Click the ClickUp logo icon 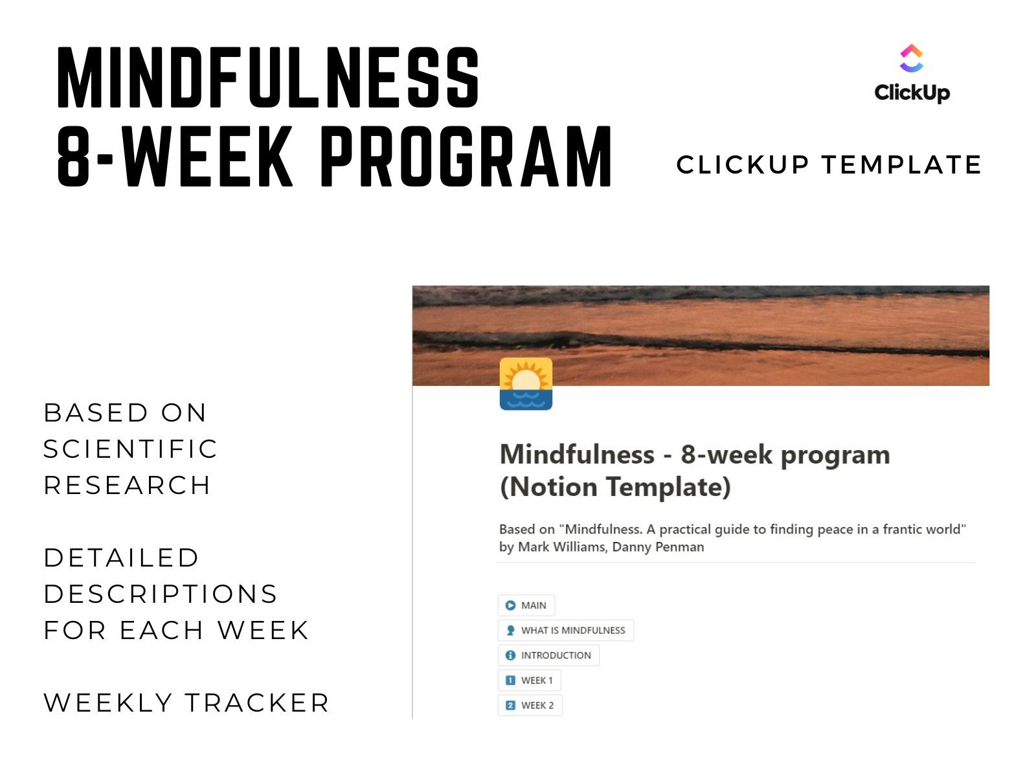point(911,58)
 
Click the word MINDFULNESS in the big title point(268,77)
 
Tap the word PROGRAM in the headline point(466,156)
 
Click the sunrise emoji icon point(526,383)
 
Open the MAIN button point(526,605)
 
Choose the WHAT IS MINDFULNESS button point(565,630)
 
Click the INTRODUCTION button point(548,655)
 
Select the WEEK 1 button point(529,681)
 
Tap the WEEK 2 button point(530,705)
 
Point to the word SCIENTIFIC point(130,449)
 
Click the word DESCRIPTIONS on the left point(161,594)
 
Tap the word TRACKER point(257,703)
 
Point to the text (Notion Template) point(615,487)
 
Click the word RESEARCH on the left point(127,485)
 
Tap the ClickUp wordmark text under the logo point(912,93)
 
